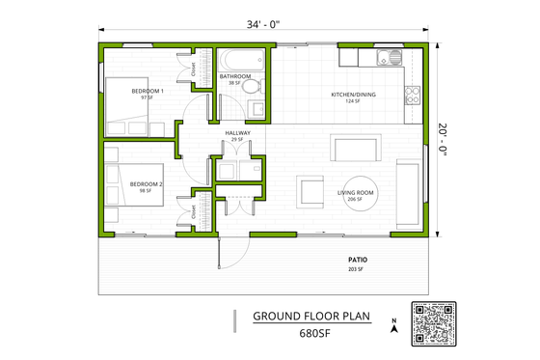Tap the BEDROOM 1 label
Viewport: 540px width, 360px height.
point(148,94)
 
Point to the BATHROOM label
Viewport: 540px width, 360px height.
point(234,78)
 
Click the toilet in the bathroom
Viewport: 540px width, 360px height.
point(252,87)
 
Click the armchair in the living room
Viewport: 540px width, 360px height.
point(310,190)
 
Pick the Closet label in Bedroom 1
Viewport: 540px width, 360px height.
point(193,69)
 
